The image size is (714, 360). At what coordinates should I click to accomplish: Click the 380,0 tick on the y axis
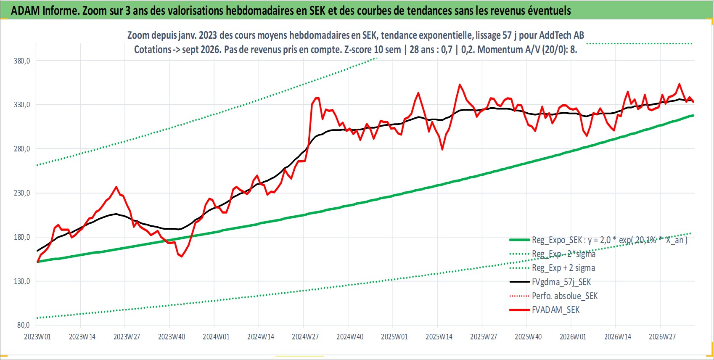[x=22, y=61]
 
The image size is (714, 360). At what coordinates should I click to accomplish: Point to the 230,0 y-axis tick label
[x=22, y=193]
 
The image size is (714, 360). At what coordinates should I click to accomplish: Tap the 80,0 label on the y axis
[x=24, y=325]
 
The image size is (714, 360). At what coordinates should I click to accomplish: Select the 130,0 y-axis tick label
[x=22, y=281]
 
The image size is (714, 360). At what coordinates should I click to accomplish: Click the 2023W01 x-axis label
[x=37, y=337]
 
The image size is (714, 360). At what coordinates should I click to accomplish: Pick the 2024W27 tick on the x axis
[x=305, y=337]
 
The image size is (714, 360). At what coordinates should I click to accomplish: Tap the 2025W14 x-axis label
[x=439, y=337]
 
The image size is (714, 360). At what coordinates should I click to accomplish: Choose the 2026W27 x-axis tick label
[x=662, y=337]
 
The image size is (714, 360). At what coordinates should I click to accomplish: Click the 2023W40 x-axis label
[x=172, y=337]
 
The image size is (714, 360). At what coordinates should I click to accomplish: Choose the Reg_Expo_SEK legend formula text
[x=610, y=240]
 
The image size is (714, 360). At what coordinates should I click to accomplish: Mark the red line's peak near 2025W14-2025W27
[x=459, y=85]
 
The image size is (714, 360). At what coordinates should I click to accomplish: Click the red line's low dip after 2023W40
[x=182, y=257]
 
